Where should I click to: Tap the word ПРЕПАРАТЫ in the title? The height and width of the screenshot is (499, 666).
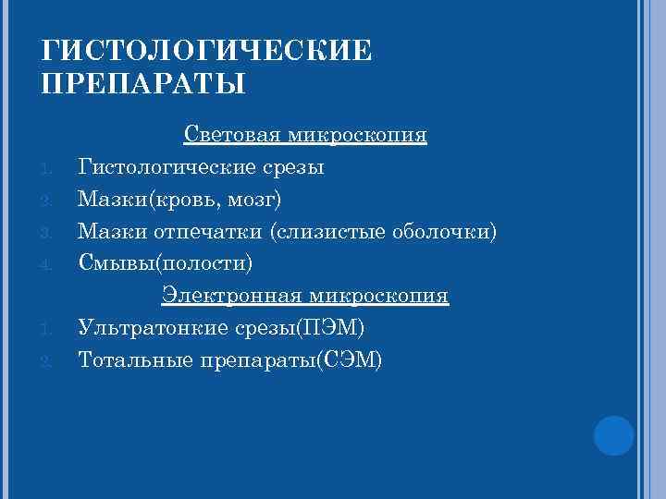point(144,86)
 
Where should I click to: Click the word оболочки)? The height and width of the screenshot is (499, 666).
point(443,231)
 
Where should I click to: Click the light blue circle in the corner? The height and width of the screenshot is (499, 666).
point(612,434)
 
